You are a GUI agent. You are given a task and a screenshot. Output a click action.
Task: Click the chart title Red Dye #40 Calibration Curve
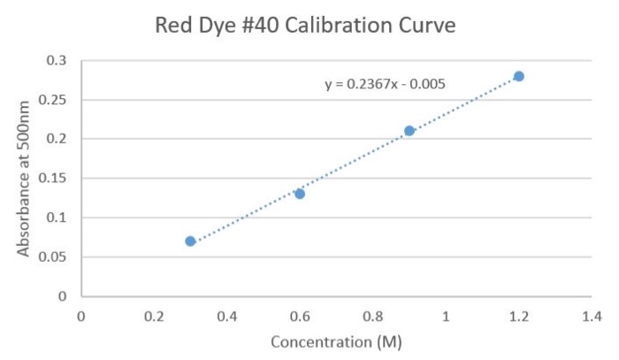[x=305, y=26]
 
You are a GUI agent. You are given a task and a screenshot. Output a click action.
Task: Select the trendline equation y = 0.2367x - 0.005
[x=385, y=85]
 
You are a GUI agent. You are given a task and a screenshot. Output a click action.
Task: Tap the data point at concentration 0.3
[x=190, y=241]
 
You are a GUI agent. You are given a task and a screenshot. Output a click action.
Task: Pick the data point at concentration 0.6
[x=300, y=194]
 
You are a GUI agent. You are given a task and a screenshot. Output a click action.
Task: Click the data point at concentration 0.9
[x=409, y=131]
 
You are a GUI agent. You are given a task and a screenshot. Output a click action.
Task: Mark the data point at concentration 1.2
[x=519, y=76]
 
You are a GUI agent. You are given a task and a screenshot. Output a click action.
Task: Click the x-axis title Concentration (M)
[x=337, y=341]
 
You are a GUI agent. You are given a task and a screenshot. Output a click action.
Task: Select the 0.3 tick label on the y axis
[x=57, y=60]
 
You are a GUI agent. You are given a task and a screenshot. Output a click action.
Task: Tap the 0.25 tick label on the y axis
[x=54, y=99]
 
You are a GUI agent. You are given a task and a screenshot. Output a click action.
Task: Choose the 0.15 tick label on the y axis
[x=54, y=178]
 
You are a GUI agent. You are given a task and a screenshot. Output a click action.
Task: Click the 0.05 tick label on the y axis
[x=54, y=257]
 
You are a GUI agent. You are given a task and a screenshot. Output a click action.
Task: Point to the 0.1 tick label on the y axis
[x=57, y=218]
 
